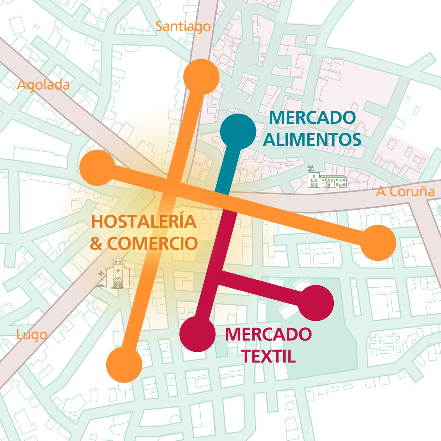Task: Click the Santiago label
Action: click(183, 26)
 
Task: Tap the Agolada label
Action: click(43, 85)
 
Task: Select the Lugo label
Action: click(32, 335)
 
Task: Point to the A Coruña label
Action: click(405, 191)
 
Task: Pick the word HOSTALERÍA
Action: click(143, 223)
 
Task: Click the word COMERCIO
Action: click(152, 244)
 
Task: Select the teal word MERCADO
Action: click(312, 118)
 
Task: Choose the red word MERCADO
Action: click(268, 334)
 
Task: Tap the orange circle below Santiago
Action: click(201, 76)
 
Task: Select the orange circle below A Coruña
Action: click(378, 243)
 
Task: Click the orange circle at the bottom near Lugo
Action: click(124, 365)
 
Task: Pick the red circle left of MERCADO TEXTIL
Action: click(197, 334)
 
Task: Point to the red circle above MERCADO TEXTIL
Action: click(316, 303)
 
